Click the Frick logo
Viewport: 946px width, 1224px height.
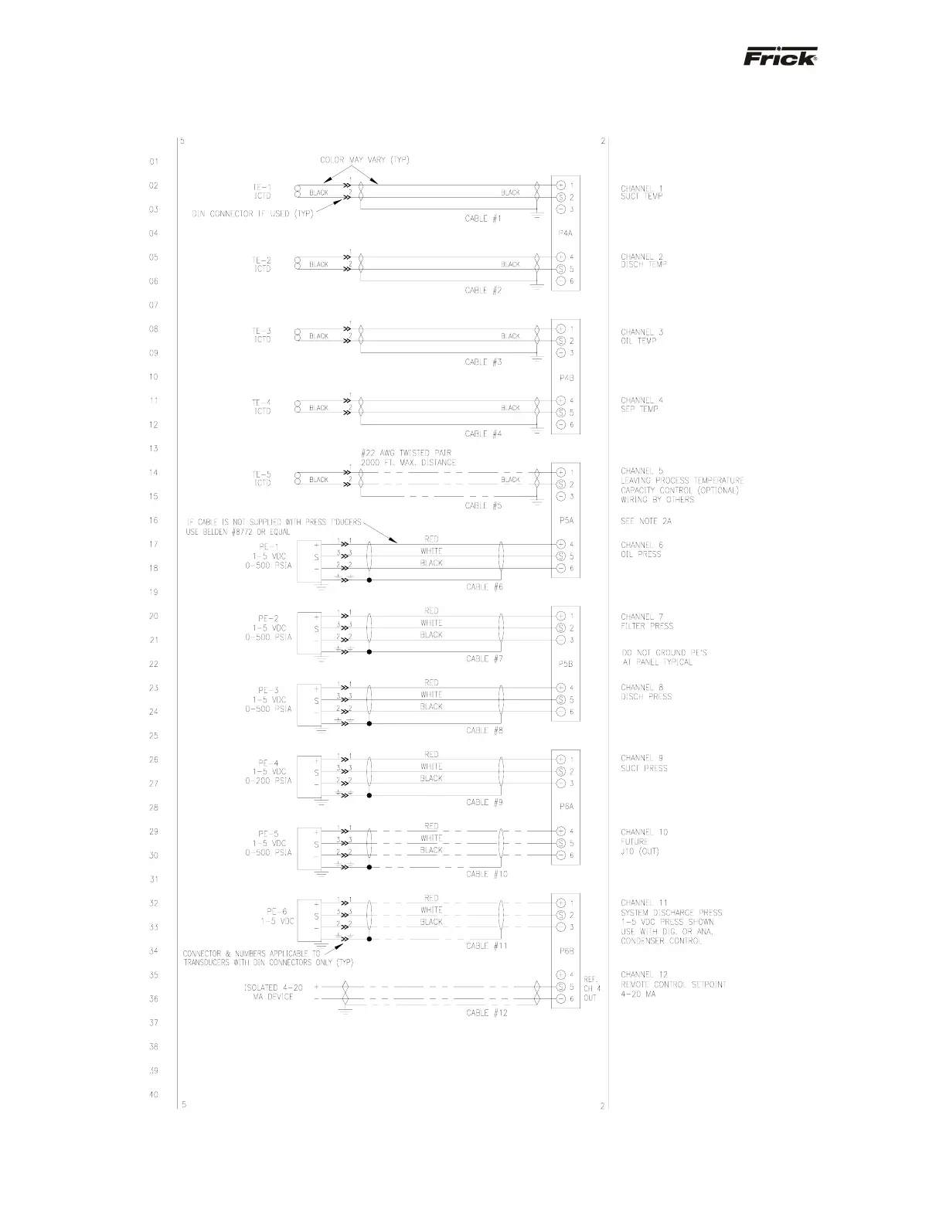pyautogui.click(x=780, y=58)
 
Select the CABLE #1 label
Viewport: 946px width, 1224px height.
pyautogui.click(x=483, y=219)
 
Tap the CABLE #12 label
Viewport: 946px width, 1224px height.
pyautogui.click(x=487, y=1013)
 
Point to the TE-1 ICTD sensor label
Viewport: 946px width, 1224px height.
pyautogui.click(x=262, y=191)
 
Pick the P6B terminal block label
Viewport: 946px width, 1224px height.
pyautogui.click(x=566, y=951)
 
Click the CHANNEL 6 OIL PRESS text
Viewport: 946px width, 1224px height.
pyautogui.click(x=641, y=549)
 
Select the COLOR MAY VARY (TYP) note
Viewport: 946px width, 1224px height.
pyautogui.click(x=364, y=160)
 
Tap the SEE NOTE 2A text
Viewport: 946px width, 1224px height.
pyautogui.click(x=646, y=521)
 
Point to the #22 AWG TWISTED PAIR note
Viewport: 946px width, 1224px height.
pyautogui.click(x=407, y=457)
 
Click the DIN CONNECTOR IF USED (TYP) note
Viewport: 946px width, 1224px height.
pyautogui.click(x=252, y=214)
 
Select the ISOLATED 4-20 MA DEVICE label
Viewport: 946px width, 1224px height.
pyautogui.click(x=269, y=992)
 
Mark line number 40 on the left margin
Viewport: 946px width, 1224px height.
pyautogui.click(x=154, y=1094)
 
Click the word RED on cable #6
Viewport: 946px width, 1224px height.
pyautogui.click(x=431, y=539)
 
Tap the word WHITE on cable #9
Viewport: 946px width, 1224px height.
pyautogui.click(x=431, y=767)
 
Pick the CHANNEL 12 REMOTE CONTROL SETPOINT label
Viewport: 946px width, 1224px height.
pyautogui.click(x=672, y=984)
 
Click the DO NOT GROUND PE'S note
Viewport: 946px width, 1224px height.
pyautogui.click(x=665, y=658)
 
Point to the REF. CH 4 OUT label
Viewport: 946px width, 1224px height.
pyautogui.click(x=591, y=988)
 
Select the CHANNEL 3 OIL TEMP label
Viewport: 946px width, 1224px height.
pyautogui.click(x=641, y=336)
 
